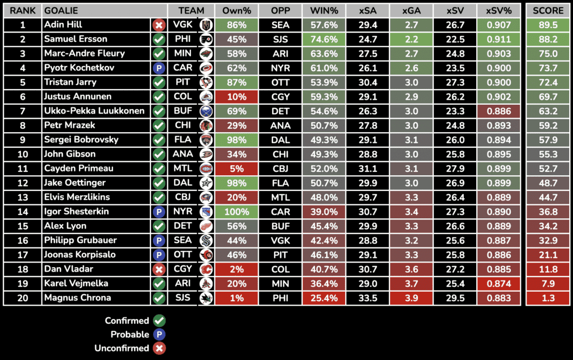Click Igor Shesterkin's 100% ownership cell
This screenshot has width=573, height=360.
(236, 212)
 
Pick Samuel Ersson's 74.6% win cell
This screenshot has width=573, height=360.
(324, 39)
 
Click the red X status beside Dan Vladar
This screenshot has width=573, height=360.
(159, 269)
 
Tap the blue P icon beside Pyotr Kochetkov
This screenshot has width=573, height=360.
(159, 68)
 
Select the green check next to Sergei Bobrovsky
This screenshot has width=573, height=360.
(159, 140)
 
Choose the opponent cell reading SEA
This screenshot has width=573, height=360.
(280, 25)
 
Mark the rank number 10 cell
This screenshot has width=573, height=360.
(23, 154)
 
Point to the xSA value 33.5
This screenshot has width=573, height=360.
(368, 298)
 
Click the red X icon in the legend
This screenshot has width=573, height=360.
(159, 348)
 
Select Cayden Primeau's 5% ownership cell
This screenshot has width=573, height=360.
(236, 169)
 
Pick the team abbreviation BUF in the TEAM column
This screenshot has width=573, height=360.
(182, 111)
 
